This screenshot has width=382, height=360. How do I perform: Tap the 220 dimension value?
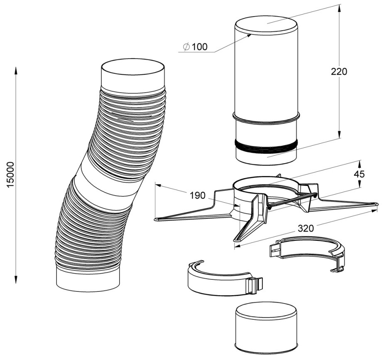coord(339,71)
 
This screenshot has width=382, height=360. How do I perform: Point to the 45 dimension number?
coord(359,174)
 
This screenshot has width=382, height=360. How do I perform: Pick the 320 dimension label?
coord(306,228)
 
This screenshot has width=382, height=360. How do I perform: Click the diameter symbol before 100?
coord(186,47)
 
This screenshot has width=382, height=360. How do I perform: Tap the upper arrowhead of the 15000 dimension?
coord(16,71)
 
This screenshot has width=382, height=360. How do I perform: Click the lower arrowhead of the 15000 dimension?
coord(16,279)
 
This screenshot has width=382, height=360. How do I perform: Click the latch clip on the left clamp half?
coord(255,285)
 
